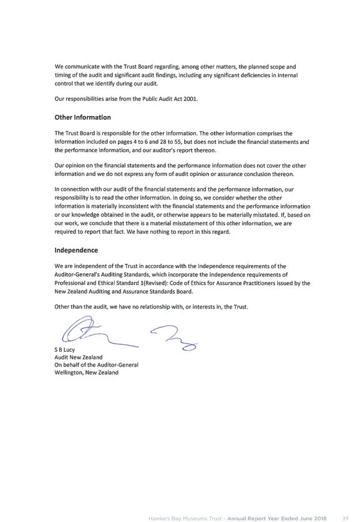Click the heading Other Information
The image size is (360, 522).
(82, 117)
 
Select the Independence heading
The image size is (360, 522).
(76, 250)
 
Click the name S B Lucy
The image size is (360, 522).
(65, 349)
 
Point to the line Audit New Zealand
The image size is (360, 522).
(79, 357)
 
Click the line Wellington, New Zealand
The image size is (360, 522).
(87, 372)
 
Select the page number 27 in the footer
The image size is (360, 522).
(346, 518)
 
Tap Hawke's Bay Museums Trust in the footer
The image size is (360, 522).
(185, 518)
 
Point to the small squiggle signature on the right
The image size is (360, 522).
(174, 337)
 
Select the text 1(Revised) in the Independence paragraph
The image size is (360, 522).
(152, 283)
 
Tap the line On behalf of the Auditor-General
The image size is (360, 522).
(96, 365)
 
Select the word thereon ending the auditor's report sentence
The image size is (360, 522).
(206, 150)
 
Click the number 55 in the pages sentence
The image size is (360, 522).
(178, 142)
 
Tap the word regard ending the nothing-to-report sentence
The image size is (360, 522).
(221, 232)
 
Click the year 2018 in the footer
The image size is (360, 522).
(319, 518)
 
